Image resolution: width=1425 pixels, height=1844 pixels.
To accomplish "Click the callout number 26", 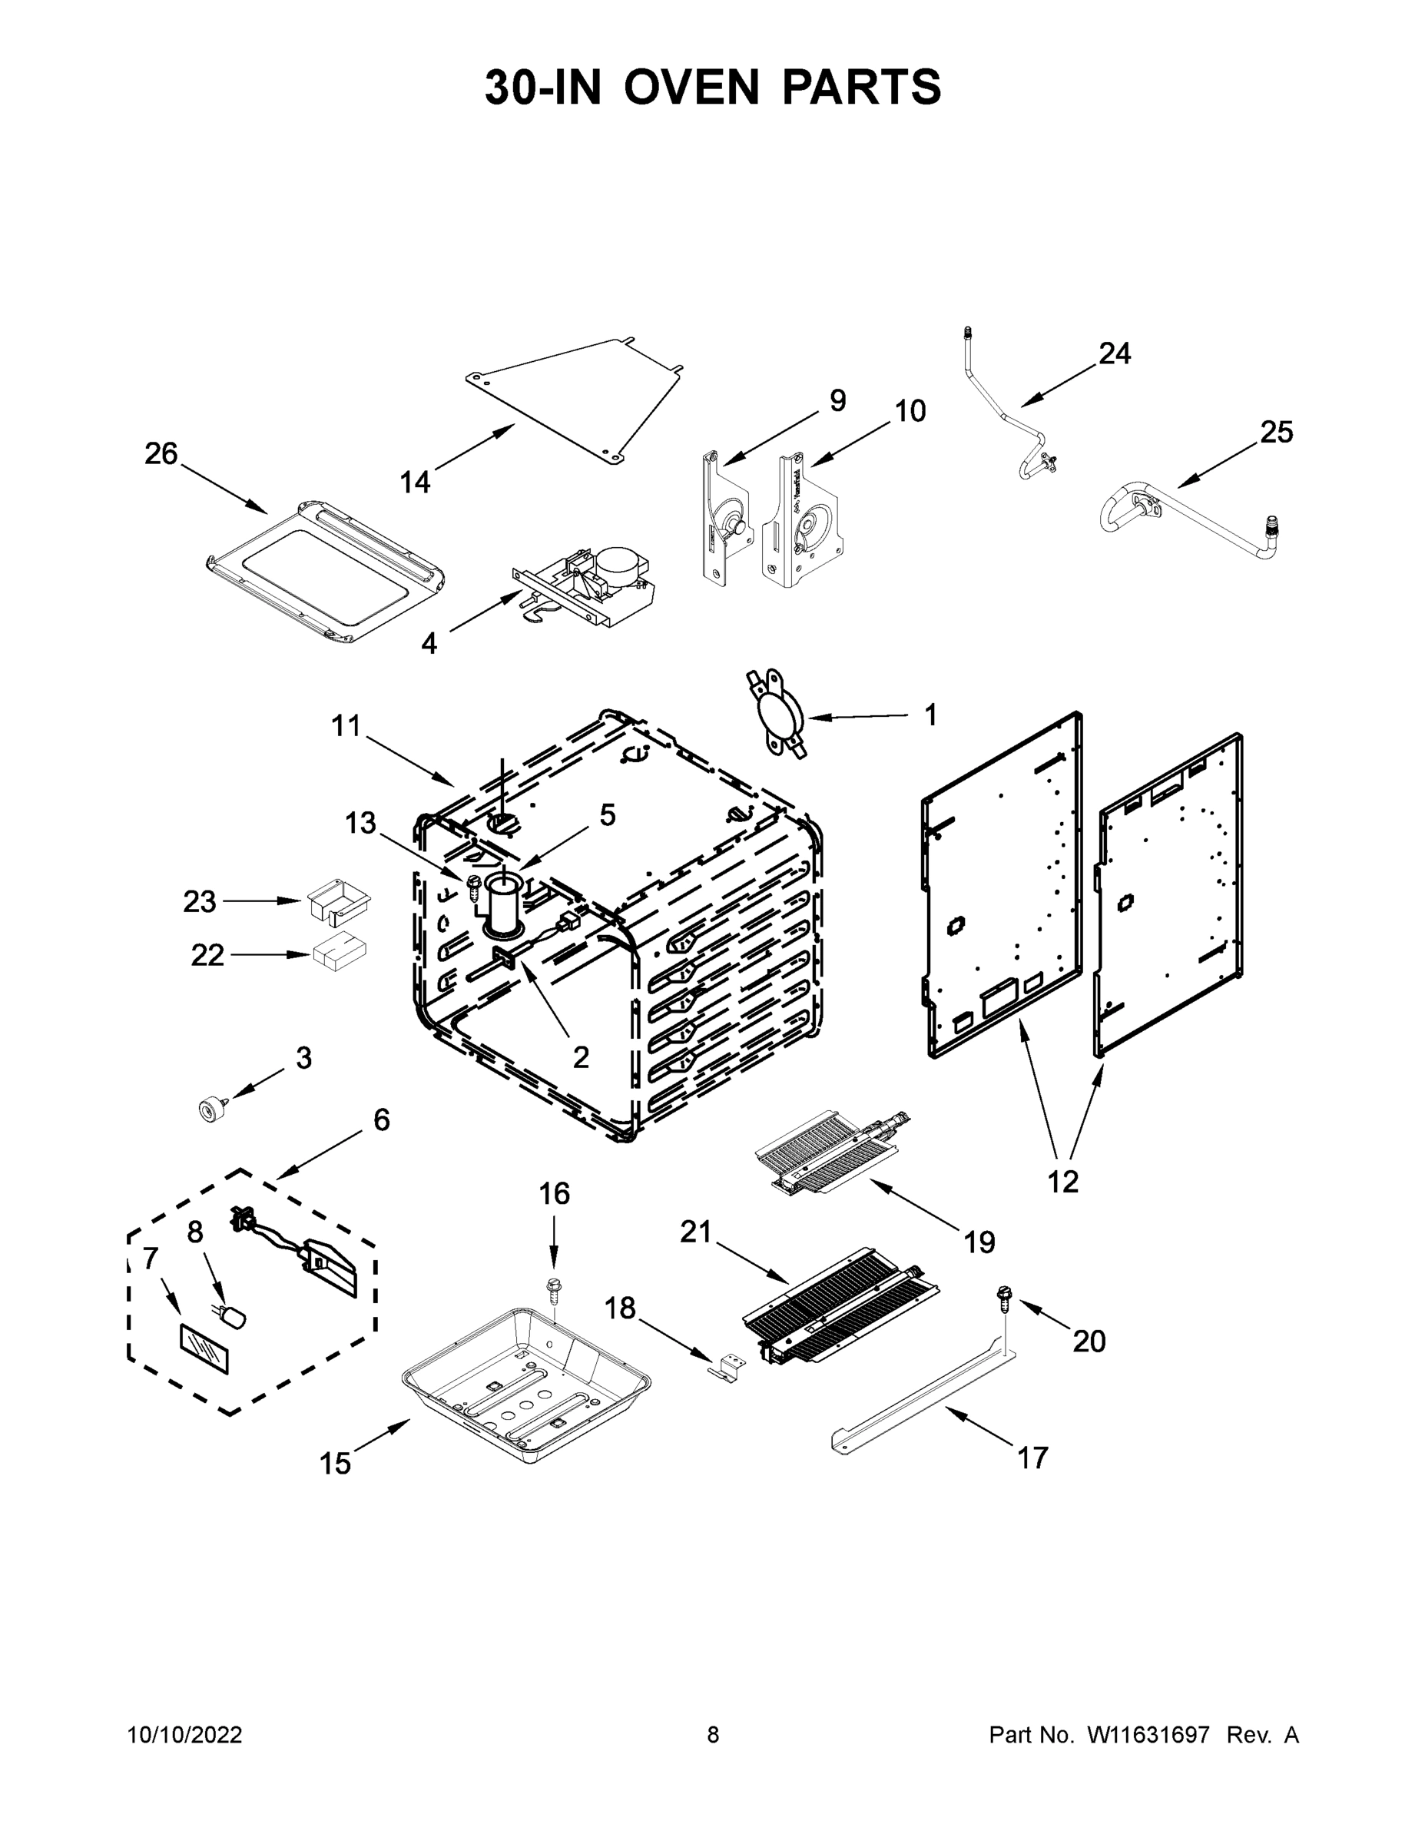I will pos(161,454).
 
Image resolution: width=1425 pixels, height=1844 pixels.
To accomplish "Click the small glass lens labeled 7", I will pos(204,1349).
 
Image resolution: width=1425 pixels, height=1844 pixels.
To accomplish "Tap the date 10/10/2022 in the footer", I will pos(185,1734).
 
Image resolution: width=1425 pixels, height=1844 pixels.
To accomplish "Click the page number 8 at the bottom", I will pos(713,1734).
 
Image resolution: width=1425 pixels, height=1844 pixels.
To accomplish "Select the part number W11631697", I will pos(1148,1734).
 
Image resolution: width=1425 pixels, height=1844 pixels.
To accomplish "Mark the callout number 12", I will pos(1063,1181).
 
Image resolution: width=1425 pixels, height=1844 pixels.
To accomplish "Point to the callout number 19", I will pos(979,1242).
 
